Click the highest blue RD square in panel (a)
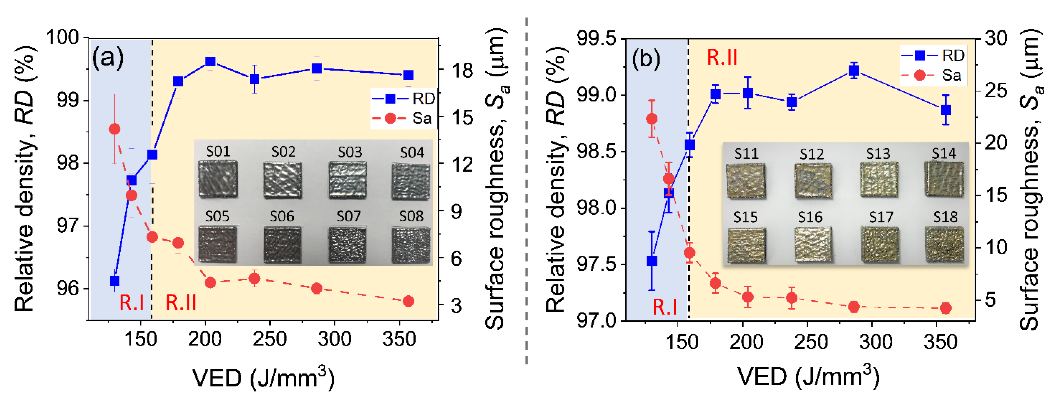point(210,62)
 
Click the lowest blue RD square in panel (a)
point(115,281)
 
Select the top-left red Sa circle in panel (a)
point(114,129)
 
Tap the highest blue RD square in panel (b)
point(854,71)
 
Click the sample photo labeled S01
point(218,179)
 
